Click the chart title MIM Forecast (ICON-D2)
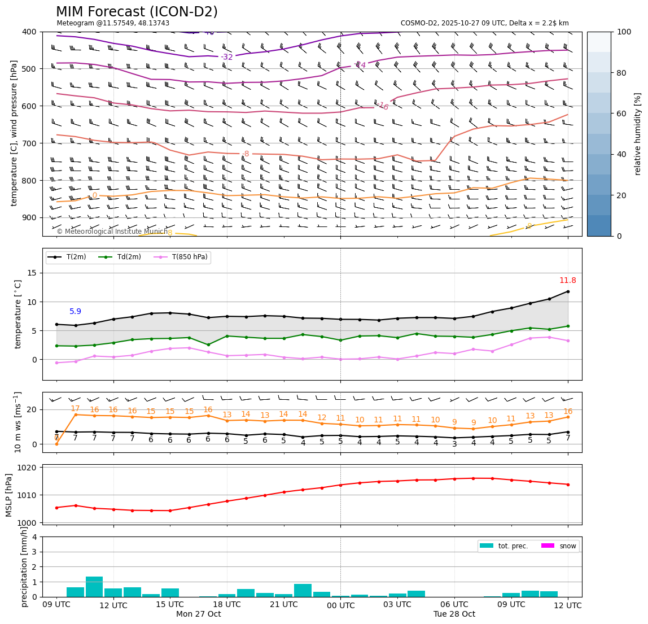pos(137,12)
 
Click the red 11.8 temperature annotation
pos(567,281)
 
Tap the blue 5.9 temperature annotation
pos(75,311)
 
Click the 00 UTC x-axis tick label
pos(340,605)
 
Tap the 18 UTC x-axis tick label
pos(227,604)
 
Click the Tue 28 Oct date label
pos(454,614)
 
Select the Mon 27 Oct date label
pos(198,614)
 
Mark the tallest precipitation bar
pos(94,586)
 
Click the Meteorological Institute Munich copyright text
pos(112,232)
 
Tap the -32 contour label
pos(226,57)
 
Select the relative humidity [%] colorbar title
pos(638,134)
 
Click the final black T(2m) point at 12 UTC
pos(567,291)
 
